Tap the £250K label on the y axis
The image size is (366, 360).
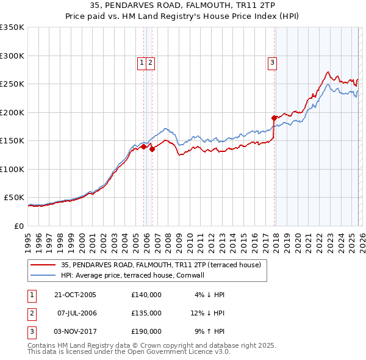pos(12,84)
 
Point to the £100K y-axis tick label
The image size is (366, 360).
pos(12,169)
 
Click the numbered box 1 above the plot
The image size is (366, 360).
pos(142,62)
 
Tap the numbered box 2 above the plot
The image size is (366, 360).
pos(150,62)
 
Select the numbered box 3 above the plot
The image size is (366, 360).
pos(272,62)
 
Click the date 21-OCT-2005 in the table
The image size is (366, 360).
pos(75,295)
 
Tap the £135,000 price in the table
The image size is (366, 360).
pos(146,313)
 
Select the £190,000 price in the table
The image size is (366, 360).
pos(146,331)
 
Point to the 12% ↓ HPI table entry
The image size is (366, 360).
pos(207,313)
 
